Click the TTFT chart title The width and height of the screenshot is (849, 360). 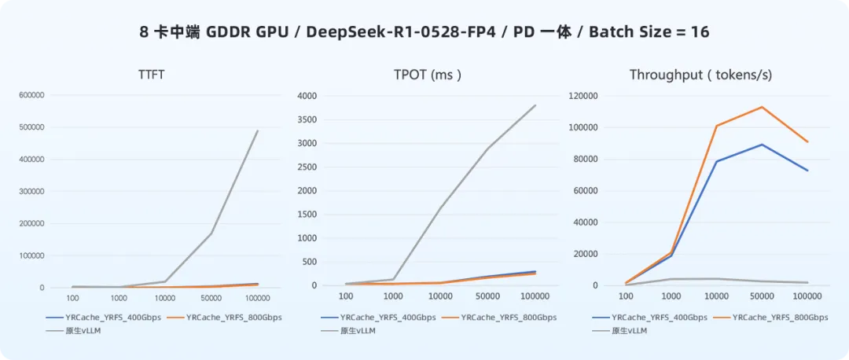pyautogui.click(x=149, y=75)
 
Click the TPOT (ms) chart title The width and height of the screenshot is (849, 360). pyautogui.click(x=427, y=75)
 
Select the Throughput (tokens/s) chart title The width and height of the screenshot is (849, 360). pyautogui.click(x=700, y=75)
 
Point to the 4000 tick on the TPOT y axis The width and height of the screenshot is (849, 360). pyautogui.click(x=307, y=96)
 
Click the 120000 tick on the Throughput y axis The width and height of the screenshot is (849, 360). pyautogui.click(x=583, y=96)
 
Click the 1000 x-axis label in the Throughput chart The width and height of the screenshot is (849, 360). pyautogui.click(x=671, y=296)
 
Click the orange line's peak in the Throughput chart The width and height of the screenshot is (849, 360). pyautogui.click(x=761, y=107)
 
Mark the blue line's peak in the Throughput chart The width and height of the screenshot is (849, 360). pyautogui.click(x=761, y=145)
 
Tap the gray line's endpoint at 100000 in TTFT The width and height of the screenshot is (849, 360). pyautogui.click(x=258, y=131)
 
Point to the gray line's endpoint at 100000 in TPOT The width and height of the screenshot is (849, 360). pyautogui.click(x=535, y=105)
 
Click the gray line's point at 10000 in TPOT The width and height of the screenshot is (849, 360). pyautogui.click(x=440, y=208)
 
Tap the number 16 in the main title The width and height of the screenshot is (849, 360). pyautogui.click(x=700, y=32)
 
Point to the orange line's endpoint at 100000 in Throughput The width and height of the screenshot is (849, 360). pyautogui.click(x=807, y=142)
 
